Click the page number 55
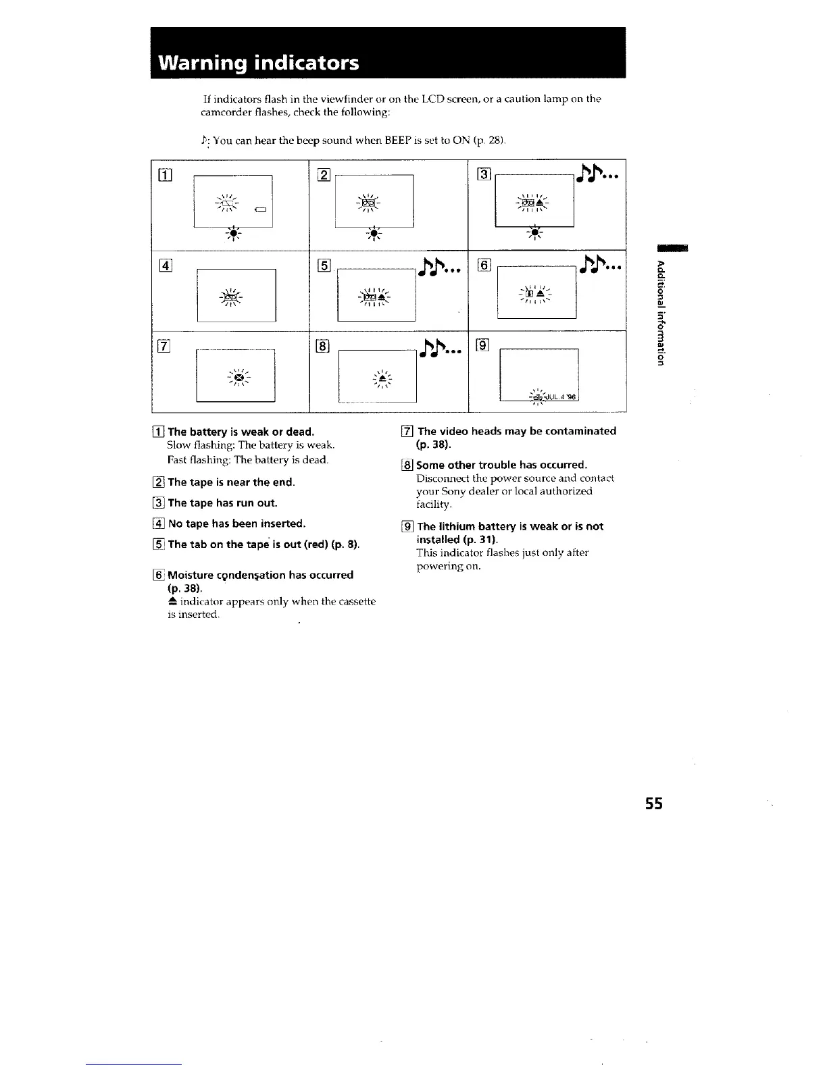pyautogui.click(x=654, y=804)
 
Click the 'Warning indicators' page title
pyautogui.click(x=258, y=63)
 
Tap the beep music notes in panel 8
pyautogui.click(x=439, y=351)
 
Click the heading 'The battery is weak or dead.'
pyautogui.click(x=241, y=432)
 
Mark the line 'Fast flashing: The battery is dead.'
pyautogui.click(x=248, y=460)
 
